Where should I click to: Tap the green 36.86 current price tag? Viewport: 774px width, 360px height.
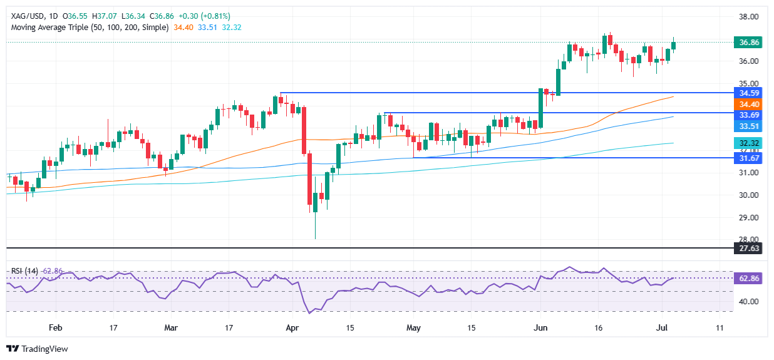pos(748,43)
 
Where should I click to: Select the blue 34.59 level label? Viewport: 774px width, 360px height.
pos(748,93)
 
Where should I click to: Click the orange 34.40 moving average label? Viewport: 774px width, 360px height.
pos(748,104)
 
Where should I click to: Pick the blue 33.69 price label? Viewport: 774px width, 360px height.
pos(748,113)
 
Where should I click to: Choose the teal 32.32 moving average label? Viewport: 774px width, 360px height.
pos(748,143)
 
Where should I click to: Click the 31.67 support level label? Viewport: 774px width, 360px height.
pos(748,158)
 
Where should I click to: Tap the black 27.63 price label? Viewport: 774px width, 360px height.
pos(748,249)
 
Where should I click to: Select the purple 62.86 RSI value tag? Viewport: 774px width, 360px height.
pos(748,279)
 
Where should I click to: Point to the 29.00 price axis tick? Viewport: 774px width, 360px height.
pos(748,217)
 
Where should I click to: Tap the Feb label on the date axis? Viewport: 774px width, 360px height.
pos(56,327)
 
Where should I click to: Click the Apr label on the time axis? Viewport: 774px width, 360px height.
pos(292,327)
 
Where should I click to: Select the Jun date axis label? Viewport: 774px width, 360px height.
pos(540,327)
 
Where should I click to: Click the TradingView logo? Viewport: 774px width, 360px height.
pos(37,349)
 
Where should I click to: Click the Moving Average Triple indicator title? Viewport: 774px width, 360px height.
pos(90,28)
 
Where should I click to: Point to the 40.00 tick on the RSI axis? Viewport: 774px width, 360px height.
pos(748,301)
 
